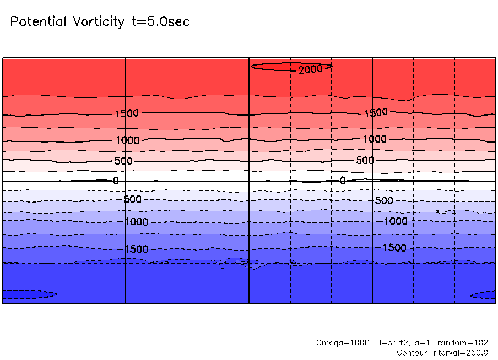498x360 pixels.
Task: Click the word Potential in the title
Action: (38, 22)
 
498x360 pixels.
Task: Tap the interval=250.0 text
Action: (463, 353)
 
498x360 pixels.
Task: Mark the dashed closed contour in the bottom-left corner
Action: (28, 294)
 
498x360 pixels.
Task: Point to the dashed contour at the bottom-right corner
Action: (485, 295)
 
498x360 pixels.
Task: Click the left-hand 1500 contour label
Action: (127, 114)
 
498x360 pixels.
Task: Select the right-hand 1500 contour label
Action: (376, 113)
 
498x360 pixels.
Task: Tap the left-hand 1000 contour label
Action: (127, 140)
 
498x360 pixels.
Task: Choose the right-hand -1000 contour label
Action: (395, 221)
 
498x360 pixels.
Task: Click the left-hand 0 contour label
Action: (116, 181)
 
